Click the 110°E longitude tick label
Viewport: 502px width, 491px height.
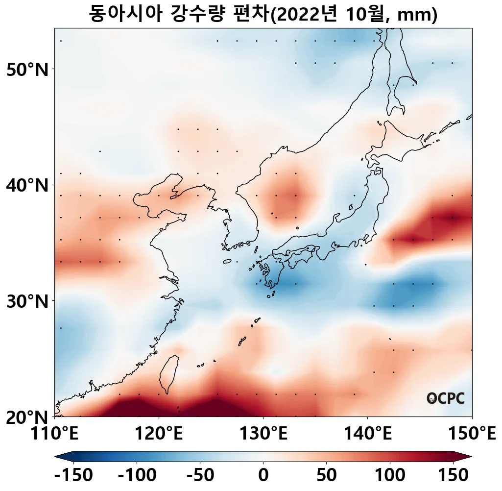pos(54,433)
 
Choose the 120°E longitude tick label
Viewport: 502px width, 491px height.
pos(159,433)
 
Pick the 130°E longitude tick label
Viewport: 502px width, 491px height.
pos(263,433)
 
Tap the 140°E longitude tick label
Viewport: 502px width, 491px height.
pos(368,433)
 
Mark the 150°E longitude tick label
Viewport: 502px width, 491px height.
pos(472,433)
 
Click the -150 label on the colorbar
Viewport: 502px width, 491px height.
pos(73,475)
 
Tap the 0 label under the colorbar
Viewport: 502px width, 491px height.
pos(263,475)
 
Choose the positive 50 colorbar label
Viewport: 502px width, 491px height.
pos(327,475)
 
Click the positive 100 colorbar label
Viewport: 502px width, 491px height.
pos(390,475)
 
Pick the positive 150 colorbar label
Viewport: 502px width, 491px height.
pos(453,475)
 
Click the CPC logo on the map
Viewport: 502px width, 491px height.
pos(445,398)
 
